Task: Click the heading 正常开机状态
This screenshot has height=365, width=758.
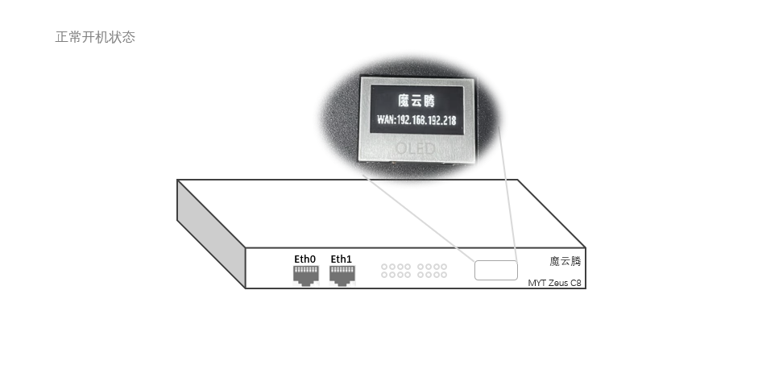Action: coord(95,37)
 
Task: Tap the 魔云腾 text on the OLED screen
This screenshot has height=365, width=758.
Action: coord(416,101)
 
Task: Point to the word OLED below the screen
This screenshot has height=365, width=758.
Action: coord(415,148)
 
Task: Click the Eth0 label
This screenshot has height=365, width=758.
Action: coord(305,259)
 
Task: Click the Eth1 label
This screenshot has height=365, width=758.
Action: coord(342,259)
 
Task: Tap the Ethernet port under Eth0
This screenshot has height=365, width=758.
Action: coord(305,274)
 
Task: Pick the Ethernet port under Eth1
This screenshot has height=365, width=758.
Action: coord(342,274)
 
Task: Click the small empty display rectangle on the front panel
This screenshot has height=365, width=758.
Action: coord(495,270)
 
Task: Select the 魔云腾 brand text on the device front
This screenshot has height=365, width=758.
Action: coord(565,261)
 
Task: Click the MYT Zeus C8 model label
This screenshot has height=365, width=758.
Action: coord(554,283)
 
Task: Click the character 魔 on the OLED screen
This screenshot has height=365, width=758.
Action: coord(404,101)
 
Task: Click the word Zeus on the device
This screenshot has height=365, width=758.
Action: coord(557,283)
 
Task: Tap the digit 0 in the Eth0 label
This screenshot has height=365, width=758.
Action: coord(313,259)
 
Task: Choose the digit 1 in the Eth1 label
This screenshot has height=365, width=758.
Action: coord(350,259)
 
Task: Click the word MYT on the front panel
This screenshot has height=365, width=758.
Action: coord(536,283)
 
